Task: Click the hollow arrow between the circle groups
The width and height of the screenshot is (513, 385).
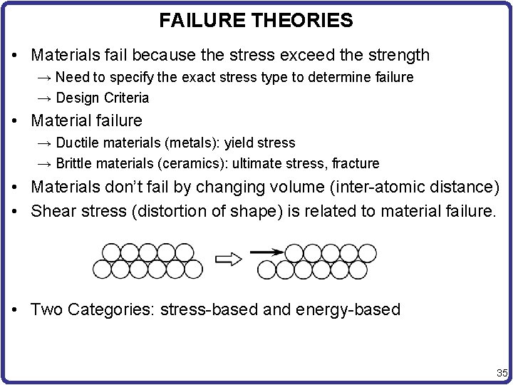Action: point(229,260)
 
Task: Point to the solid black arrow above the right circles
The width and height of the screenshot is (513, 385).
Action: point(265,251)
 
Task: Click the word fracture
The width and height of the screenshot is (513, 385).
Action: point(353,163)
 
